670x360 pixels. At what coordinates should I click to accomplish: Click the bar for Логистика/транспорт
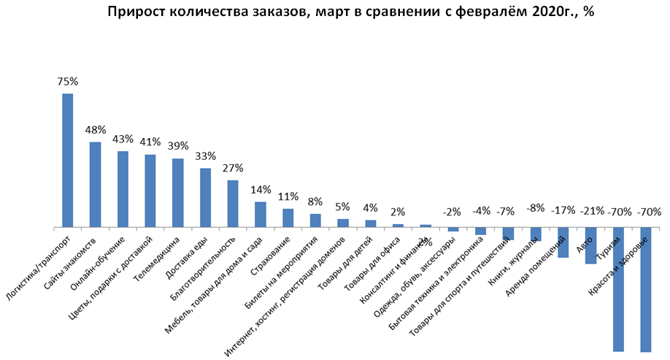[x=67, y=160]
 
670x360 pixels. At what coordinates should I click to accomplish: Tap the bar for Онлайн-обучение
[x=123, y=189]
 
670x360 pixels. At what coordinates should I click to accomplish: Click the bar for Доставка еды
[x=205, y=198]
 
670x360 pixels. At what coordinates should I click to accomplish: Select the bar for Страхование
[x=288, y=218]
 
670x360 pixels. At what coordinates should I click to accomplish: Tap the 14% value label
[x=261, y=191]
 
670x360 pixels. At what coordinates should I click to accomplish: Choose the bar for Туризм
[x=618, y=289]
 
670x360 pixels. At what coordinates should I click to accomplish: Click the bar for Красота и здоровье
[x=645, y=290]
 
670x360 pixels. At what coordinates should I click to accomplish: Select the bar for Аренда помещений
[x=563, y=242]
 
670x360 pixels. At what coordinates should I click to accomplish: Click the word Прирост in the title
[x=135, y=12]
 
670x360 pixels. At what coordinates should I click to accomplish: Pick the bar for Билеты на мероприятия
[x=315, y=221]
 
